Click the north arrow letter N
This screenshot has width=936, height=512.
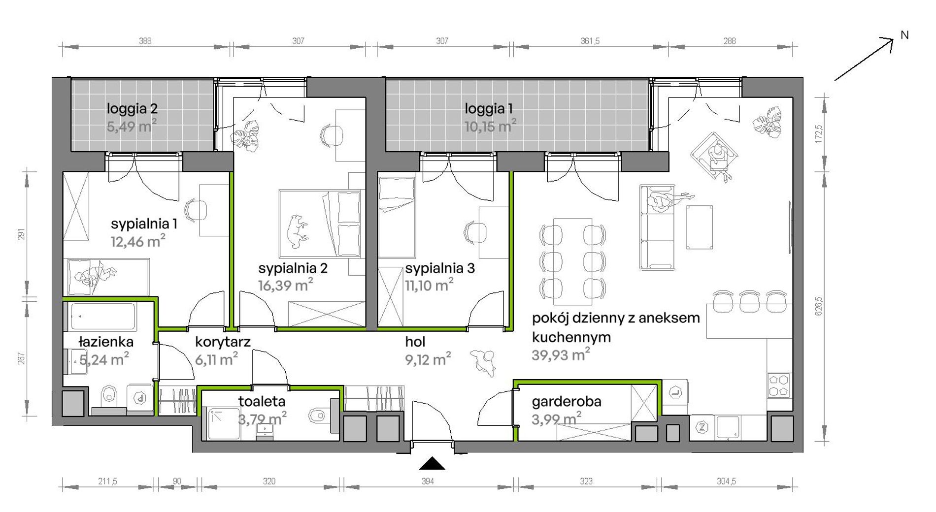click(x=904, y=35)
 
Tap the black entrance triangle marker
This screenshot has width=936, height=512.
click(x=432, y=463)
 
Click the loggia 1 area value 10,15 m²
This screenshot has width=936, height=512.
click(x=490, y=126)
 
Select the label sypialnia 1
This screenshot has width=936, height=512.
click(x=144, y=224)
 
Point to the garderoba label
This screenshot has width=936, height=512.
click(x=567, y=401)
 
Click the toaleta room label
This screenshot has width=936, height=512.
click(x=262, y=401)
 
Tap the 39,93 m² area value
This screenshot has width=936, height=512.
click(x=561, y=354)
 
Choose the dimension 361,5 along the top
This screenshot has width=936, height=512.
click(x=590, y=41)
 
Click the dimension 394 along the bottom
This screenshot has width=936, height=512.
click(x=428, y=481)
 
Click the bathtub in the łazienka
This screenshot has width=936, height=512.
click(x=102, y=317)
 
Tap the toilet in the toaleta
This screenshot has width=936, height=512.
click(x=321, y=416)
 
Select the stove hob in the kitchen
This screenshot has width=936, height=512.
click(x=779, y=385)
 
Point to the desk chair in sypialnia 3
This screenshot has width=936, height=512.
click(x=474, y=232)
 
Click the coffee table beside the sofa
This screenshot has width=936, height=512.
click(x=700, y=227)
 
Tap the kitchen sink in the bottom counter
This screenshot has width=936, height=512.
click(x=728, y=427)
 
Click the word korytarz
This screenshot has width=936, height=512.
click(x=223, y=342)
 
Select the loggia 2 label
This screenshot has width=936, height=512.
click(x=133, y=109)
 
